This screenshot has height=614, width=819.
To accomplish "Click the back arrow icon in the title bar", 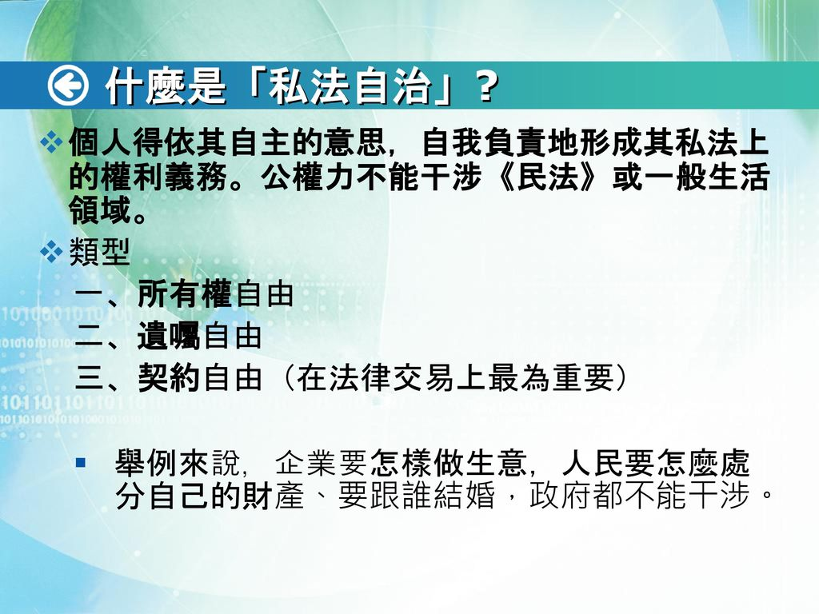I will click(x=68, y=86).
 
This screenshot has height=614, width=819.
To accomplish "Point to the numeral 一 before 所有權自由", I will click(x=90, y=296).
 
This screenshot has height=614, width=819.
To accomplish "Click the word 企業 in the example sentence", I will click(x=298, y=463).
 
